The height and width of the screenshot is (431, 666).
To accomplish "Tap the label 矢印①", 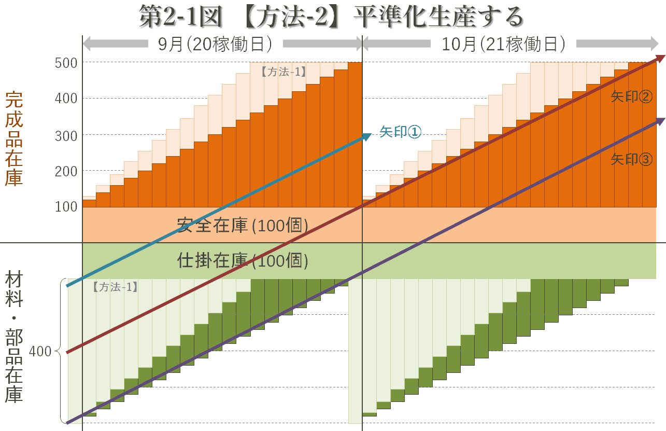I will [x=400, y=132].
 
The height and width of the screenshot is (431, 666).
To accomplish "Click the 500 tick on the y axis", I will [x=66, y=63].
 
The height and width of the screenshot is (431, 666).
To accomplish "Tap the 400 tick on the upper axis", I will [x=66, y=99].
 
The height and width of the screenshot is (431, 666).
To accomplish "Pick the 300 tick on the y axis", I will [x=66, y=135].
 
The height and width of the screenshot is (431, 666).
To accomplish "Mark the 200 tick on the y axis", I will [x=66, y=171].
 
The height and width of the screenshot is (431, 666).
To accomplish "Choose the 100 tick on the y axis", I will [x=66, y=206].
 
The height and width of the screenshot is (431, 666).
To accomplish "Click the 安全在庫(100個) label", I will [x=243, y=225].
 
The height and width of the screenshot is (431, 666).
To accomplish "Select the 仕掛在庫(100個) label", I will [x=243, y=260].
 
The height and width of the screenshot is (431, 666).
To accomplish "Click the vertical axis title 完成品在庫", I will [x=14, y=138].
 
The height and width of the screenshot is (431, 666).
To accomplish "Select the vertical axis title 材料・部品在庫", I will [x=14, y=337].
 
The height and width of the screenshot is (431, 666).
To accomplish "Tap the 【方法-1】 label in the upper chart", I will [x=284, y=73].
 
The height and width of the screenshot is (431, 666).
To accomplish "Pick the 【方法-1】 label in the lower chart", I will [x=115, y=287].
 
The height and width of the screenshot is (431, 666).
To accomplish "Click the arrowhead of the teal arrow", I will [x=367, y=136].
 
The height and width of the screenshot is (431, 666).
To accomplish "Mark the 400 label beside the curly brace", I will [x=40, y=352].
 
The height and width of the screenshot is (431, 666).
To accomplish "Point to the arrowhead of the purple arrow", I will [x=661, y=121].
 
